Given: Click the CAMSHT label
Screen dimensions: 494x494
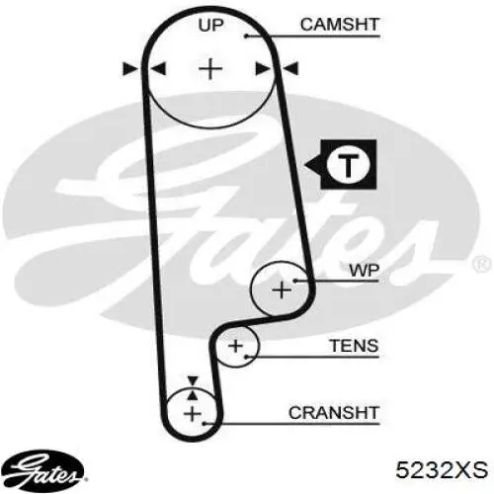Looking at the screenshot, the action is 340,25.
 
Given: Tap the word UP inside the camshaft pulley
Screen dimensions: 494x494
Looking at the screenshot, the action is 210,25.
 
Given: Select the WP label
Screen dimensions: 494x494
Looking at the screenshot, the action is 365,271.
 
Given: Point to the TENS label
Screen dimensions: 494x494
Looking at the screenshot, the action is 354,346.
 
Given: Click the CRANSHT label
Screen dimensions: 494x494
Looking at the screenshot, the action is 334,413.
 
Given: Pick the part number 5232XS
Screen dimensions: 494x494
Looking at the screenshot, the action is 442,469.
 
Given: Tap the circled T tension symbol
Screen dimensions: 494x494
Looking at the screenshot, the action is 349,164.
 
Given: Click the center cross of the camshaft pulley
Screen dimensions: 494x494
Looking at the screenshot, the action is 210,69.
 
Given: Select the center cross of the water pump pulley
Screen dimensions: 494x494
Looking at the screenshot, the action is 282,289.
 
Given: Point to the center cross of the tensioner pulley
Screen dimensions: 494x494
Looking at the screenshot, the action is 235,346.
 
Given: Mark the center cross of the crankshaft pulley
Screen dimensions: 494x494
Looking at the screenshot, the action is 193,414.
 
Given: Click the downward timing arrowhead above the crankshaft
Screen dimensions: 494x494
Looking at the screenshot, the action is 193,380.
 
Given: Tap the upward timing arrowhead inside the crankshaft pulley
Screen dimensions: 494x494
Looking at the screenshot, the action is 193,394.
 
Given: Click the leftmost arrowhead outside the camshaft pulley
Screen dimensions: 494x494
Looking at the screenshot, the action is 130,69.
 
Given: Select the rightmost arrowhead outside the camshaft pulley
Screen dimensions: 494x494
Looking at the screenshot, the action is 291,69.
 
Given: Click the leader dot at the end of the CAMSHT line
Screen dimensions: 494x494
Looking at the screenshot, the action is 246,36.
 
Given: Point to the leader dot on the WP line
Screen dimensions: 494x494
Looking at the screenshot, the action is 295,281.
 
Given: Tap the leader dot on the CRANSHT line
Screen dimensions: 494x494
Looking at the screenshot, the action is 205,423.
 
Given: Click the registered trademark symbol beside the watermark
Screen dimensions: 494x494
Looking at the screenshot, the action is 482,265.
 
